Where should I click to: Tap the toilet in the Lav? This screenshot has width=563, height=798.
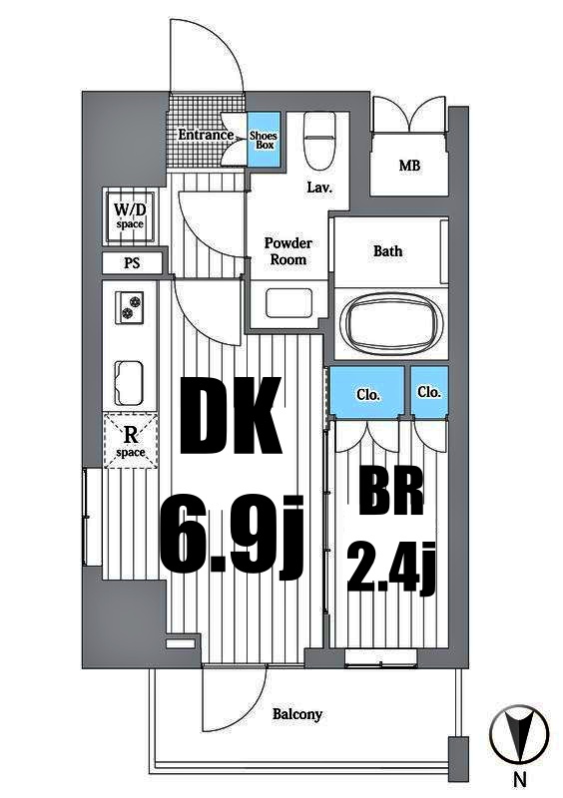[x=319, y=139]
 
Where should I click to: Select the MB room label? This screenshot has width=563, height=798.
[x=409, y=166]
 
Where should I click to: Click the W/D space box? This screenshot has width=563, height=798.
[x=130, y=216]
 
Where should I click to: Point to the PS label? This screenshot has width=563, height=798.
[x=132, y=264]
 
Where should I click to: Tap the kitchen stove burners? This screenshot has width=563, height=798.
[x=131, y=307]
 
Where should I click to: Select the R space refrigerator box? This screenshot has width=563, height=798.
[x=131, y=440]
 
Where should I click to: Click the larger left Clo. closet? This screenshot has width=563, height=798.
[x=367, y=393]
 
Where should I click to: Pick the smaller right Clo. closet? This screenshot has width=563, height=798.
[x=430, y=392]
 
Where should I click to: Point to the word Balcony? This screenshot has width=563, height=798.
[x=297, y=714]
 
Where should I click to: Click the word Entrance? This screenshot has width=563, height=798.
[x=206, y=135]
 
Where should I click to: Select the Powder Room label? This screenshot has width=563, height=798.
[x=288, y=251]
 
